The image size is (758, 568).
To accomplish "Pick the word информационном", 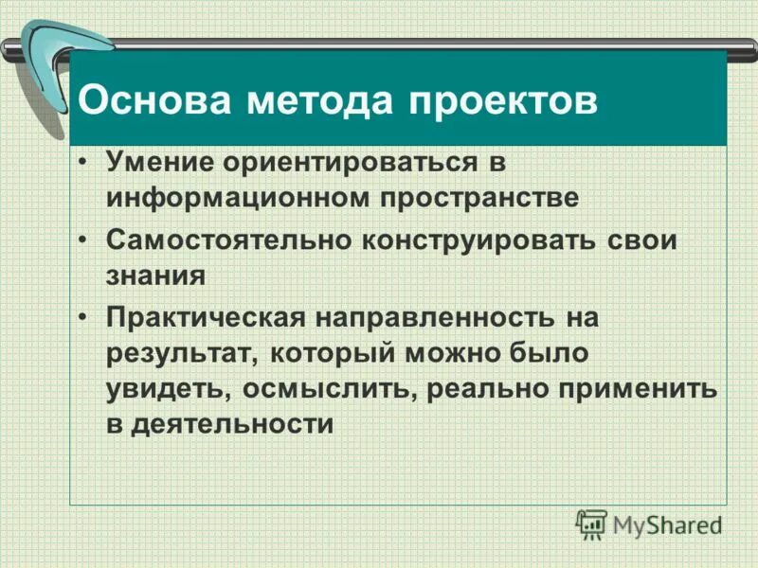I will point(237,198).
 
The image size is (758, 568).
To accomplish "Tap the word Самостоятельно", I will point(228,239).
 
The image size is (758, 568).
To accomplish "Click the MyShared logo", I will point(648,524).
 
